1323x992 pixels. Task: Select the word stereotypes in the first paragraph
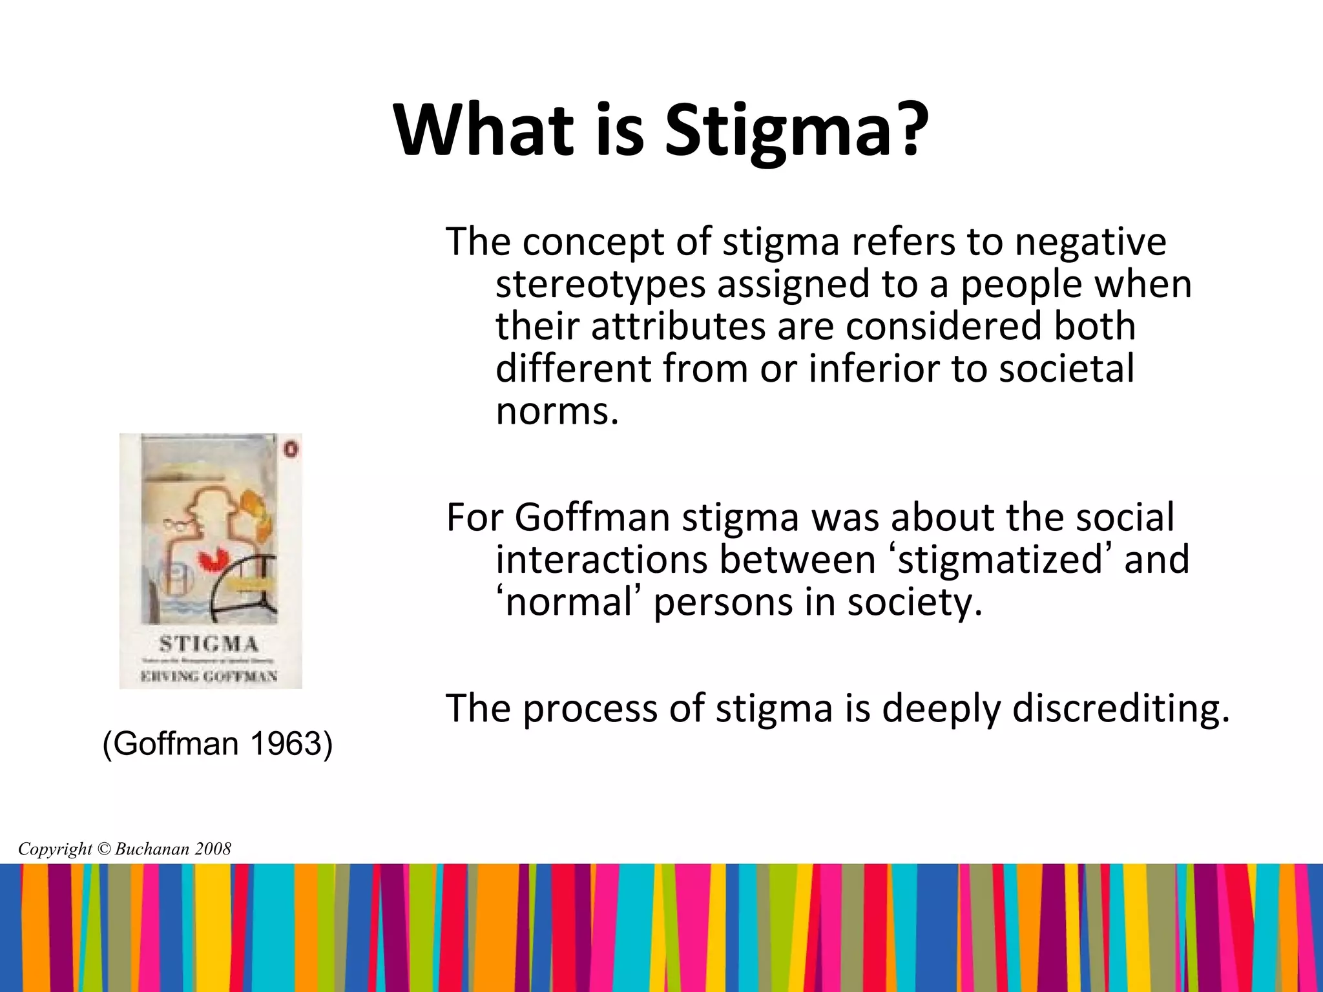(x=600, y=284)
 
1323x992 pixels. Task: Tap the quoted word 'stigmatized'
(x=1001, y=559)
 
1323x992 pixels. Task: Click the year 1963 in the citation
(x=285, y=743)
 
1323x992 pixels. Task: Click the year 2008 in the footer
(x=213, y=849)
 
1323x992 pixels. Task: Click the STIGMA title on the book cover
(x=209, y=644)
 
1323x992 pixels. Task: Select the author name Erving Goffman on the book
(x=210, y=676)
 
